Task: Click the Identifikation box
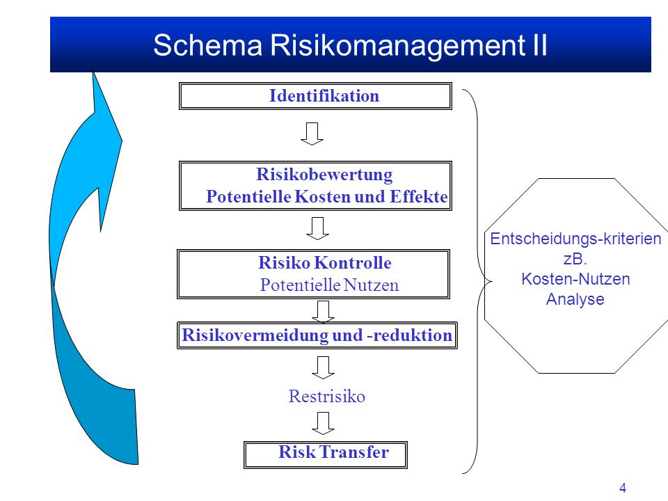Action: coord(315,96)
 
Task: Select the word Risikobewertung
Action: coord(324,175)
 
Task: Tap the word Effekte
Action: coord(419,197)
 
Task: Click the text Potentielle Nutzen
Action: coord(329,285)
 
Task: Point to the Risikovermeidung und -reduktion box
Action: coord(317,335)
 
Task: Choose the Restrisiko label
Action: coord(327,396)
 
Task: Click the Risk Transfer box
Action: coord(326,454)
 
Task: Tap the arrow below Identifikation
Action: coord(312,134)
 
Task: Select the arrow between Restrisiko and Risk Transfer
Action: coord(323,423)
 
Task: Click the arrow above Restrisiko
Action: coord(323,367)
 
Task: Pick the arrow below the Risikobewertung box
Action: coord(317,228)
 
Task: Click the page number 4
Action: coord(622,488)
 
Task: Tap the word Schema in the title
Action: coord(207,45)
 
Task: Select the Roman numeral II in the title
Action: coord(539,45)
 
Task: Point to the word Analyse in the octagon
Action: coord(575,299)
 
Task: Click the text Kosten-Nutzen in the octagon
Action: coord(575,279)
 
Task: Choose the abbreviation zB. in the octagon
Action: coord(575,259)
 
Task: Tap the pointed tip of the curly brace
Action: coord(491,281)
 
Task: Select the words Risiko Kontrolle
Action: coord(325,263)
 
